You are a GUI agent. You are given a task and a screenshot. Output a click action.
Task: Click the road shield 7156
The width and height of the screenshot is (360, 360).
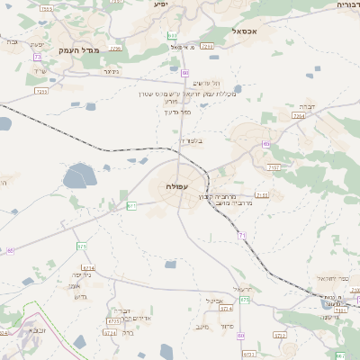(262, 194)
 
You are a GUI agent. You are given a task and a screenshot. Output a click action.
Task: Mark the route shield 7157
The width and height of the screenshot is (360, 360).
(274, 167)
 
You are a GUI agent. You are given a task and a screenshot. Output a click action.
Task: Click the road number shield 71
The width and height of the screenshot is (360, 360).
(241, 235)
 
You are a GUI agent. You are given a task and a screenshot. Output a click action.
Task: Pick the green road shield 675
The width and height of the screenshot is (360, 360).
(82, 246)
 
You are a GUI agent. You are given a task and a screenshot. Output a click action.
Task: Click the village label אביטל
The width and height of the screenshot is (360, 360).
(214, 301)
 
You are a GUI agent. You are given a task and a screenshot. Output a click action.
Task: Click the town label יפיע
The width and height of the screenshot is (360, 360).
(161, 4)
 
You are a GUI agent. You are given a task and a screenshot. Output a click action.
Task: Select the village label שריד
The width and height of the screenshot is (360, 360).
(38, 71)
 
